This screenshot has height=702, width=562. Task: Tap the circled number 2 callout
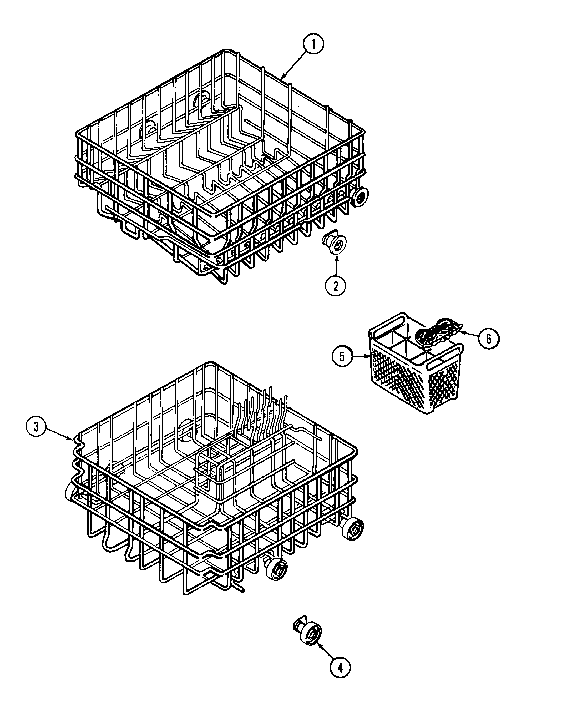tap(335, 286)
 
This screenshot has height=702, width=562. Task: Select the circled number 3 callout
tap(36, 427)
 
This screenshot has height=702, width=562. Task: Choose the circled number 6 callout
tap(488, 339)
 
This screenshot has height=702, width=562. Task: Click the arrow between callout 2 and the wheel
tap(336, 265)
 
